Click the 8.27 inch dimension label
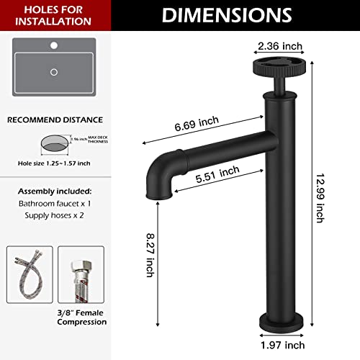pyautogui.click(x=150, y=254)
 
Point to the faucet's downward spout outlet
pyautogui.click(x=158, y=193)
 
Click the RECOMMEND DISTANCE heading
pyautogui.click(x=54, y=119)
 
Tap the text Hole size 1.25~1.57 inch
pyautogui.click(x=54, y=163)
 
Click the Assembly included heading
pyautogui.click(x=54, y=192)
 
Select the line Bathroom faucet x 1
pyautogui.click(x=54, y=205)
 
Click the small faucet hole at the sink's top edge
pyautogui.click(x=54, y=46)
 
